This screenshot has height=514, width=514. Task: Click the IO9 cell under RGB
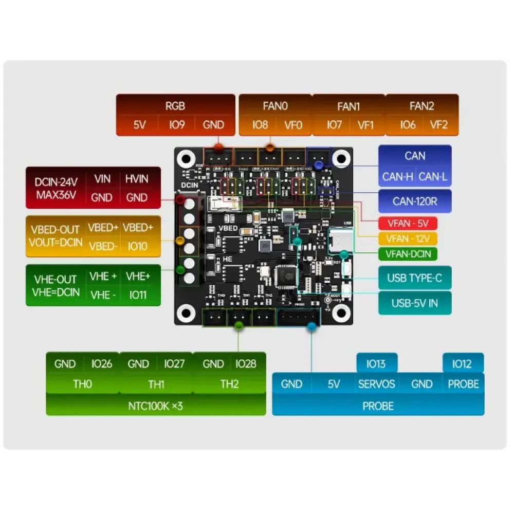pyautogui.click(x=176, y=125)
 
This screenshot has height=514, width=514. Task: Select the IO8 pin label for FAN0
pyautogui.click(x=260, y=125)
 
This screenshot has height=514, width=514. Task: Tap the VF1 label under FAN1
pyautogui.click(x=365, y=125)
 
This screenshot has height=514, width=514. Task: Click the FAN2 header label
pyautogui.click(x=421, y=106)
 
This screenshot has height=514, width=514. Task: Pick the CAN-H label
pyautogui.click(x=397, y=177)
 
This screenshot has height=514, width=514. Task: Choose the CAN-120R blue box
pyautogui.click(x=415, y=201)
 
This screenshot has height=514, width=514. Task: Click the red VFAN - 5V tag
pyautogui.click(x=407, y=224)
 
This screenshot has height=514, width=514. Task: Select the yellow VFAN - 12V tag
pyautogui.click(x=407, y=238)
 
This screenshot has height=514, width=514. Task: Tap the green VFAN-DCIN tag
pyautogui.click(x=407, y=253)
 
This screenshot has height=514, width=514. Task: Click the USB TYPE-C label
pyautogui.click(x=415, y=278)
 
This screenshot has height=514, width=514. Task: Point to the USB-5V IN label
pyautogui.click(x=415, y=303)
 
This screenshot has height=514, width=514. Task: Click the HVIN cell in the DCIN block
pyautogui.click(x=137, y=179)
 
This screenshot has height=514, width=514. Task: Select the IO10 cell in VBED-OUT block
pyautogui.click(x=137, y=246)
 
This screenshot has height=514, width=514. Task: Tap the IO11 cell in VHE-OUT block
pyautogui.click(x=137, y=295)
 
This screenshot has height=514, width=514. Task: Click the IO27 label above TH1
pyautogui.click(x=174, y=364)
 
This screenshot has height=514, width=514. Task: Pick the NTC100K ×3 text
pyautogui.click(x=156, y=406)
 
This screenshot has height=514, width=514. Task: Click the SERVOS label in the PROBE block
pyautogui.click(x=377, y=384)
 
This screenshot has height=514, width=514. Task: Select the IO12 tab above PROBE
pyautogui.click(x=462, y=364)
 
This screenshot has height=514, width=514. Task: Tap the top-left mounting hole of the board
pyautogui.click(x=187, y=159)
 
